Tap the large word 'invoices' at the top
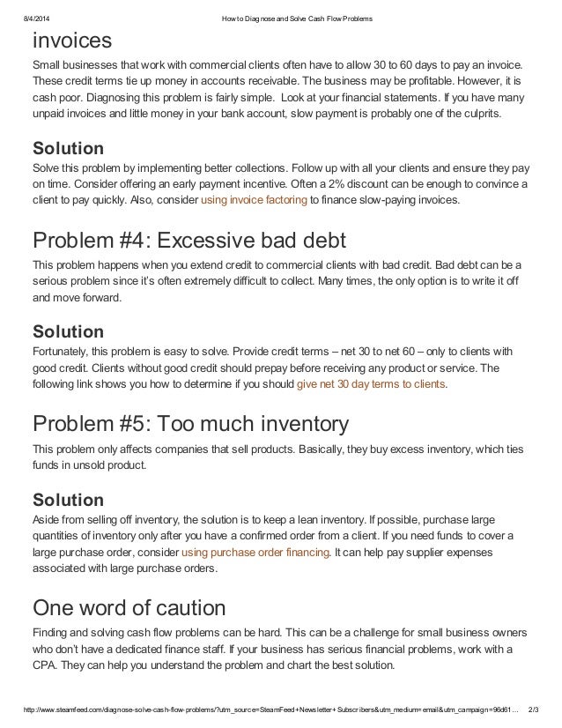tap(72, 40)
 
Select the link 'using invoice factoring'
tap(254, 201)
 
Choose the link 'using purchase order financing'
tap(255, 552)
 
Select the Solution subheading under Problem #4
tap(68, 331)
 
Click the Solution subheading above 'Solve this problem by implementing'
tap(68, 147)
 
